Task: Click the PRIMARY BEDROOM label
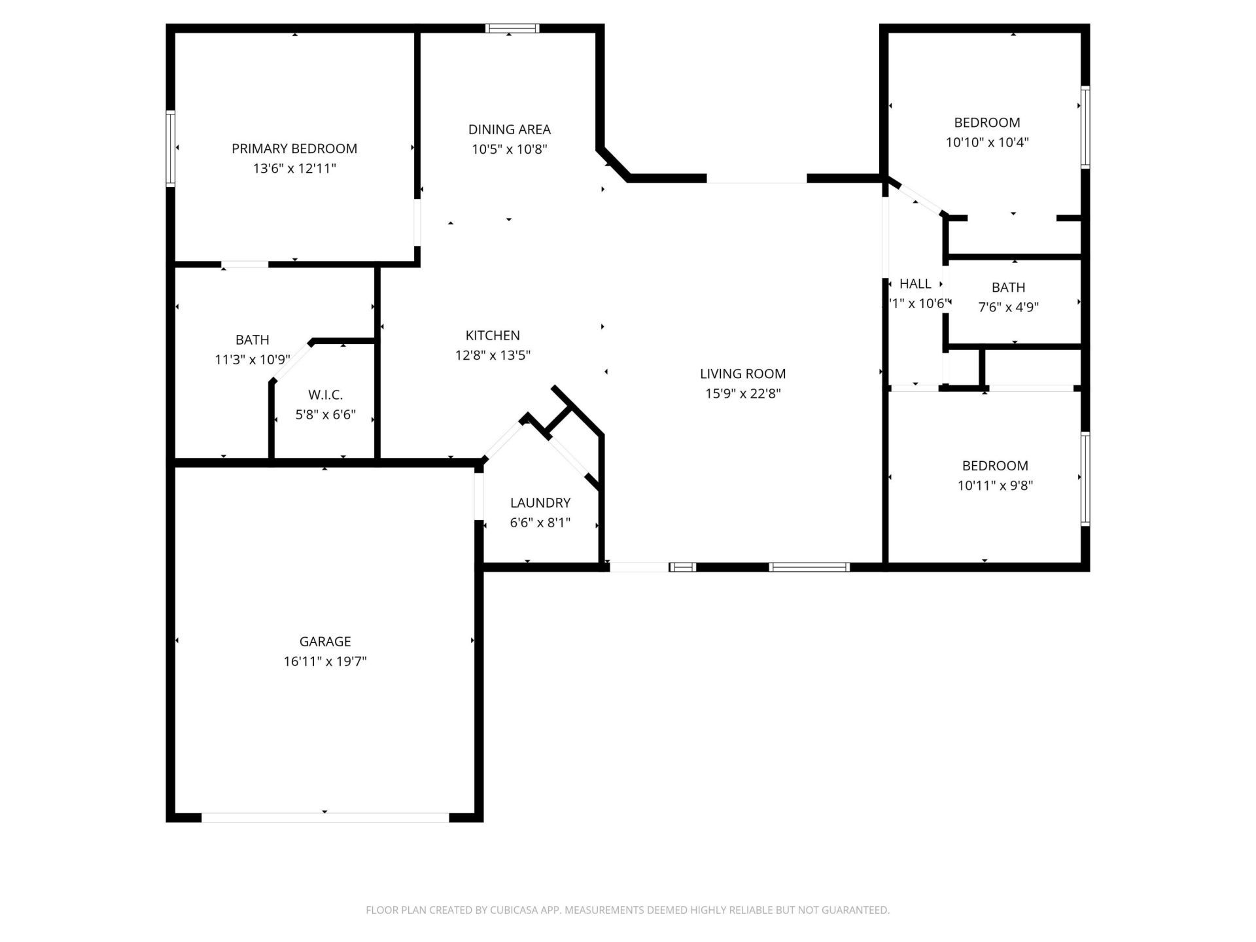click(294, 148)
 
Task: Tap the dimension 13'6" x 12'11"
click(294, 169)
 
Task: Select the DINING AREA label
click(509, 130)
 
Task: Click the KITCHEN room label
click(493, 336)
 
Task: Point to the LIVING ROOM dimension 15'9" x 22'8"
click(742, 394)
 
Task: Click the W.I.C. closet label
click(325, 395)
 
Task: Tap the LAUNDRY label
click(540, 503)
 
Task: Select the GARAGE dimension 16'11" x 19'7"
click(325, 661)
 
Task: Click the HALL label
click(915, 284)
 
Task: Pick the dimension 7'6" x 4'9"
click(1008, 307)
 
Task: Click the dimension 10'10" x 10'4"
click(987, 143)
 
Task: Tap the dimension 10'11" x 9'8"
click(995, 485)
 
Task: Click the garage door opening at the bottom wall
click(325, 818)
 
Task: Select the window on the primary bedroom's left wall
click(171, 148)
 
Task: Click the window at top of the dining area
click(512, 28)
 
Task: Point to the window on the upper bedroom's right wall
click(1085, 128)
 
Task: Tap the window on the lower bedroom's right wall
click(1085, 479)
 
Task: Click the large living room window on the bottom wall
click(809, 567)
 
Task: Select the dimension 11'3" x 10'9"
click(252, 360)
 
